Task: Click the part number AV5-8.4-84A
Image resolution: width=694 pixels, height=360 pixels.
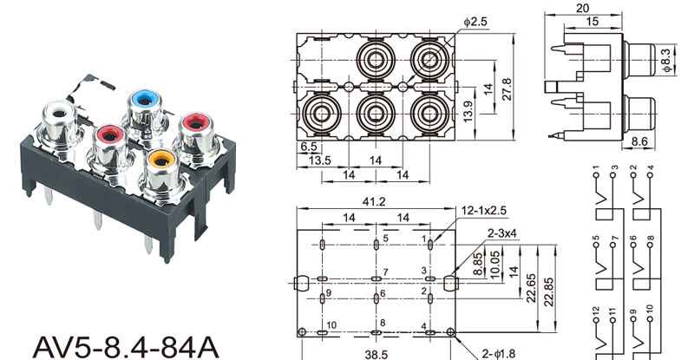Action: pos(126,348)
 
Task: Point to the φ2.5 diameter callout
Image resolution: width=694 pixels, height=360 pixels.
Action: pos(475,22)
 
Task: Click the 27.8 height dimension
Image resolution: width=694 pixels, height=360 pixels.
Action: pos(507,89)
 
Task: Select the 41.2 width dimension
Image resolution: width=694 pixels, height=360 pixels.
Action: pos(374,202)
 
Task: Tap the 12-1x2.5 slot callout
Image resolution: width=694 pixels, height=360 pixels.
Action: pos(484,210)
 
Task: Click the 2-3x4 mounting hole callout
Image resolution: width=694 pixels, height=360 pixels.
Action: pos(502,232)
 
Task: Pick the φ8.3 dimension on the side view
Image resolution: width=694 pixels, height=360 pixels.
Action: pos(666,60)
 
